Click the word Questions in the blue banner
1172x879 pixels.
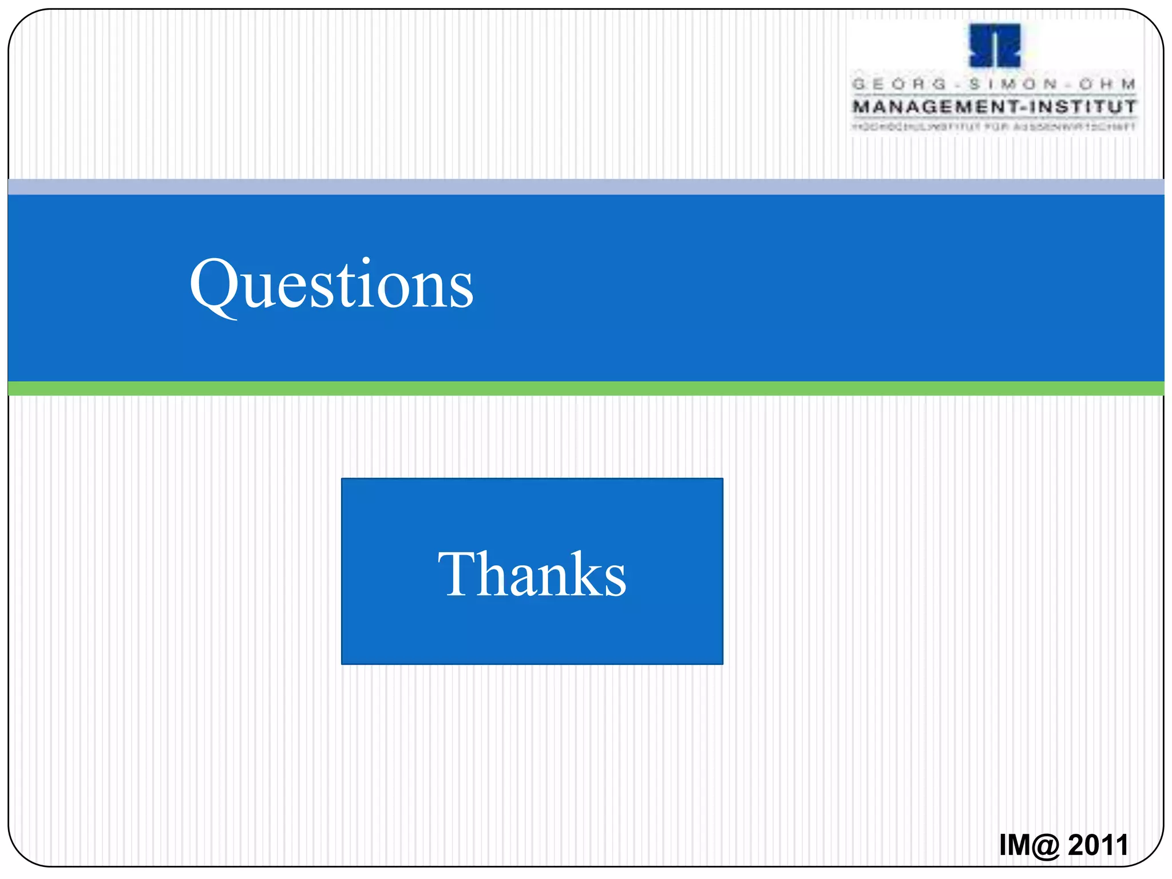(x=331, y=284)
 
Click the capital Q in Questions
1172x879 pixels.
(x=213, y=284)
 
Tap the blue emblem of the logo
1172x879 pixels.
(x=995, y=46)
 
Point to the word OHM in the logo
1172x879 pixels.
(x=1107, y=84)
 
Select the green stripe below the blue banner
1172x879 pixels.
(x=586, y=389)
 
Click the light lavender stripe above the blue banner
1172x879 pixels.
(x=586, y=187)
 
